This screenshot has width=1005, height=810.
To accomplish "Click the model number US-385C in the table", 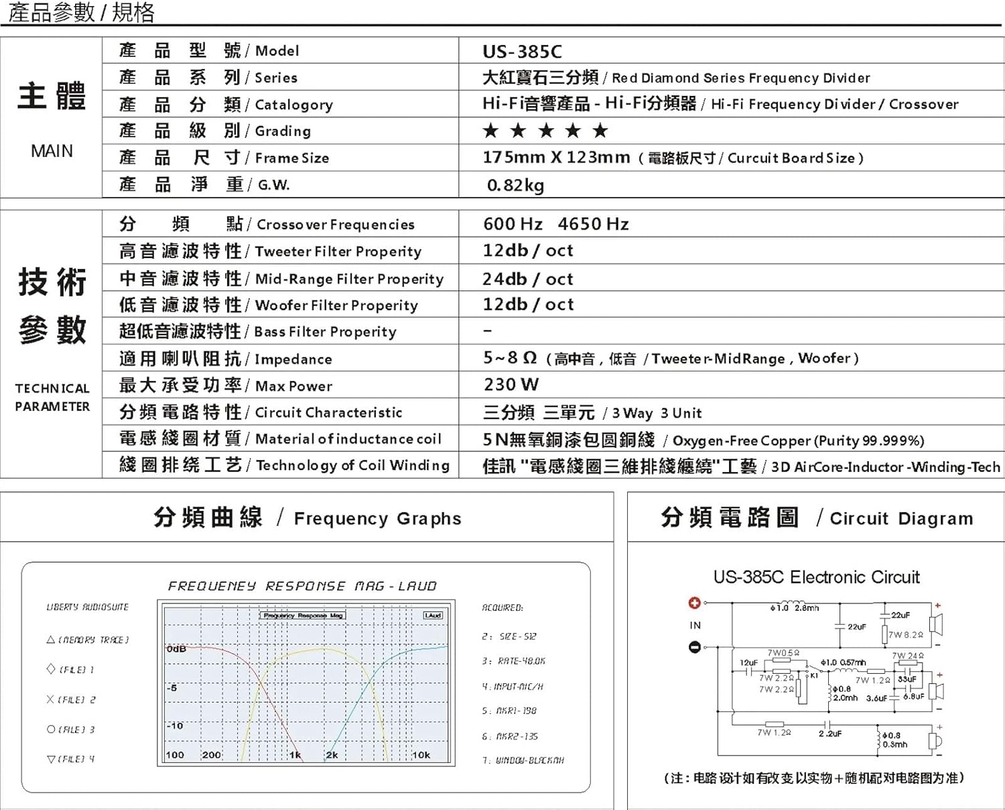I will tap(522, 52).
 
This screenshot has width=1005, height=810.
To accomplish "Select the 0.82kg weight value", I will tap(515, 185).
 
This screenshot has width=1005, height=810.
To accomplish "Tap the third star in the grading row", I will tap(546, 131).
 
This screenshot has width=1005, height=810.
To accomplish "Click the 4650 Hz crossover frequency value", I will tap(593, 224).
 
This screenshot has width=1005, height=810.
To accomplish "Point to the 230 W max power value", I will tap(511, 385).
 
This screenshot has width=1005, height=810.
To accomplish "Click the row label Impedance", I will tap(293, 359).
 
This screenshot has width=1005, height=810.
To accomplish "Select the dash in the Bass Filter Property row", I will tap(488, 331).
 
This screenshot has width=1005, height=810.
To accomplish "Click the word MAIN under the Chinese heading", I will tap(52, 151).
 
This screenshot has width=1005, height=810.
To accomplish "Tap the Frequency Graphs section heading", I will tap(377, 518).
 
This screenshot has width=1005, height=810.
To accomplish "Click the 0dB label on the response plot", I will tap(176, 649).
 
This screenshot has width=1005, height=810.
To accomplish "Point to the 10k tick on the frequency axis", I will tap(421, 755).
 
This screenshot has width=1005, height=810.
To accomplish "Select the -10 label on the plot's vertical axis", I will tap(174, 726).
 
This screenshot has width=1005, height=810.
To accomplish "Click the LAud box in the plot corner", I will tap(433, 615).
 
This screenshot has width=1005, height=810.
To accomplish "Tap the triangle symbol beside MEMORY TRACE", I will tap(50, 640).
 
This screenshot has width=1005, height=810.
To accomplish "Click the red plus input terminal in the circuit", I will tap(695, 603).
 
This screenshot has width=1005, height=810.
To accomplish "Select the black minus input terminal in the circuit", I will tap(695, 647).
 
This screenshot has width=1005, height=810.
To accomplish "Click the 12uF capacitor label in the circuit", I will tap(748, 662).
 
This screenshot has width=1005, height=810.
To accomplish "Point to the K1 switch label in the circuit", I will tap(815, 675).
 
